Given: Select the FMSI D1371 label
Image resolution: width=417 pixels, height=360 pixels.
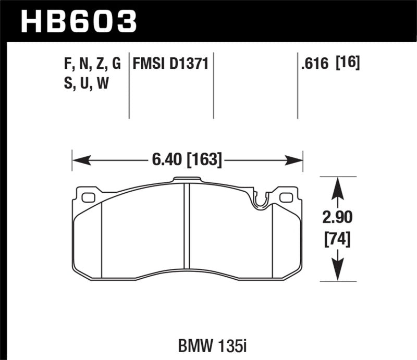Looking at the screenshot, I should tap(171, 64).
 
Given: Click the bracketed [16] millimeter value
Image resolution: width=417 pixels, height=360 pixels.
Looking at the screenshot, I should tap(349, 64).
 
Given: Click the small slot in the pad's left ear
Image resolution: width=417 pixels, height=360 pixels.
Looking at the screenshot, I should tap(88, 197).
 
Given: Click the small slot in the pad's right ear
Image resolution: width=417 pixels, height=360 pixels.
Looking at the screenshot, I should tap(286, 197).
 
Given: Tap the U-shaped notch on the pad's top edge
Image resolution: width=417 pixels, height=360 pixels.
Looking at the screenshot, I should tap(260, 202).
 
